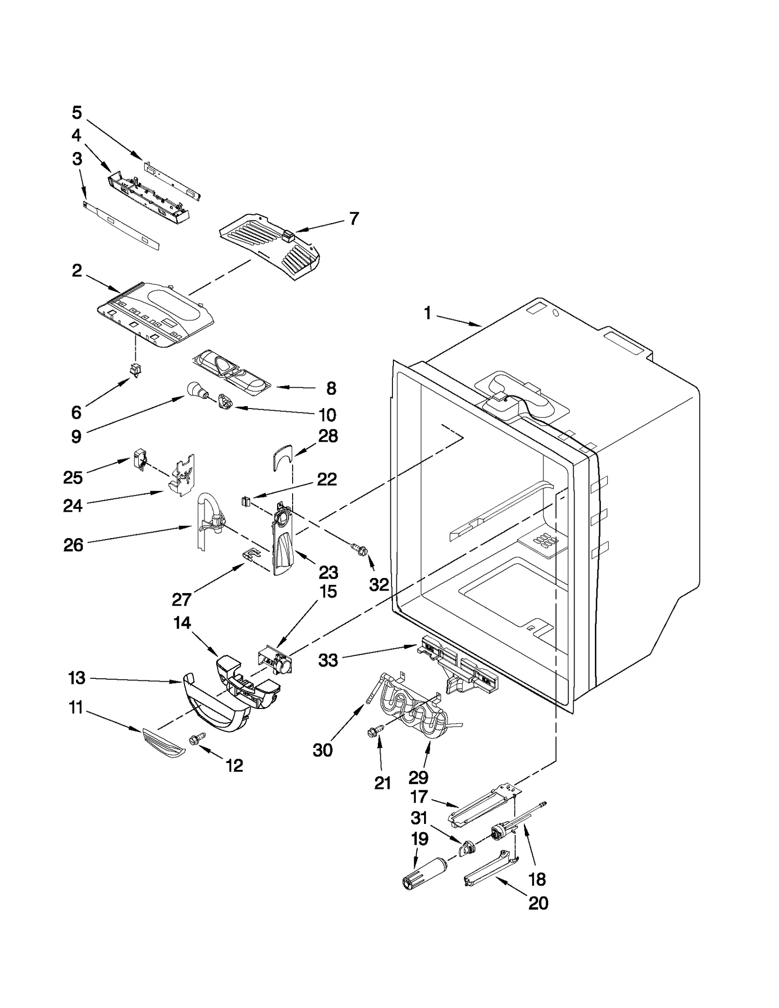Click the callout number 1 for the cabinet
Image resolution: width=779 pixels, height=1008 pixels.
coord(427,313)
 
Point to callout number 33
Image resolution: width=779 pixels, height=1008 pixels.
coord(328,661)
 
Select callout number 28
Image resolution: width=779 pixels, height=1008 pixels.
coord(328,436)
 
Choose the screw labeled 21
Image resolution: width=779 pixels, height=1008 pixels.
coord(375,730)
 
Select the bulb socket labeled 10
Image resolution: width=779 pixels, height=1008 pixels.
coord(225,403)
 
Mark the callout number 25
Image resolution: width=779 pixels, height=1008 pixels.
coord(73,477)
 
